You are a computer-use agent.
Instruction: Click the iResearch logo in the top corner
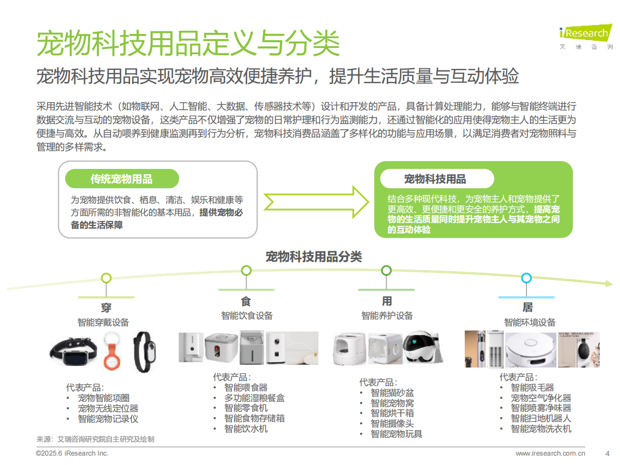click(x=585, y=36)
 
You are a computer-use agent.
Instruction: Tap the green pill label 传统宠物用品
click(x=121, y=179)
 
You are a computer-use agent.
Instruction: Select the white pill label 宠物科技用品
click(x=436, y=179)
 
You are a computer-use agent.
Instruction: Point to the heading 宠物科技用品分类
click(x=314, y=256)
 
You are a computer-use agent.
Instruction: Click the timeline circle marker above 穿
click(x=106, y=278)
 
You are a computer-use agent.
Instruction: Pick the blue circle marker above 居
click(x=526, y=278)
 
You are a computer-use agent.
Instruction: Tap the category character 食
click(x=246, y=301)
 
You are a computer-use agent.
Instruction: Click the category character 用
click(x=387, y=301)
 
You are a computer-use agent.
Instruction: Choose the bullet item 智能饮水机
click(x=246, y=429)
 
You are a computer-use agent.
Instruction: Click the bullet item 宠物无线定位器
click(x=108, y=408)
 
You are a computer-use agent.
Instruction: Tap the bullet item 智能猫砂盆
click(x=392, y=393)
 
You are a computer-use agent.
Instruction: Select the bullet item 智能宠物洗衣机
click(x=541, y=429)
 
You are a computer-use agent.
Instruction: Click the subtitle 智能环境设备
click(x=530, y=322)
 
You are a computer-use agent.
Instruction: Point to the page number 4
click(x=607, y=453)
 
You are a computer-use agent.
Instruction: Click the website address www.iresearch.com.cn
click(x=550, y=453)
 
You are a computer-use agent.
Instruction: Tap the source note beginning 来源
click(x=95, y=439)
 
